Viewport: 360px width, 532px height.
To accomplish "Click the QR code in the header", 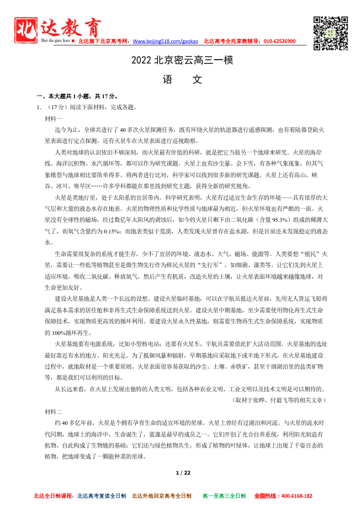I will pos(331,33).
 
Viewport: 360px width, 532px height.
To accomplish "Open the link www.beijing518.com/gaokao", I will pos(166,41).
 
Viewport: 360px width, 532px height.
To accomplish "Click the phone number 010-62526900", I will pos(279,41).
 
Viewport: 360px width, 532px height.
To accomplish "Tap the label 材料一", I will pos(54,119).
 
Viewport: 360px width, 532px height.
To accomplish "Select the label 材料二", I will pos(54,412).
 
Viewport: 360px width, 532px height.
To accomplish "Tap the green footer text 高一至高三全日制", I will pos(224,496).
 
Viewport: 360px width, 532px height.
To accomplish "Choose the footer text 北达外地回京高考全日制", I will pos(161,496).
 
